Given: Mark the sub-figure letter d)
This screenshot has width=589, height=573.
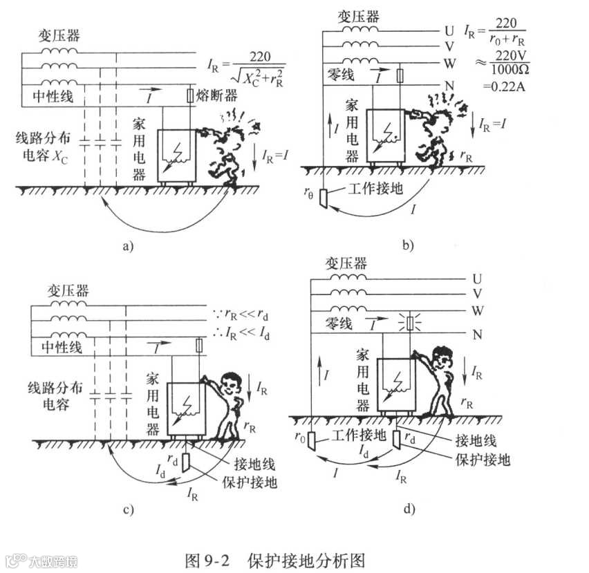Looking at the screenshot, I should (x=409, y=509).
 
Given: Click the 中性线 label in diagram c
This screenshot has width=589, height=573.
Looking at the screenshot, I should (x=57, y=348).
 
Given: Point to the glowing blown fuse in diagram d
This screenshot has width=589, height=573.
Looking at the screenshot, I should (x=411, y=323).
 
